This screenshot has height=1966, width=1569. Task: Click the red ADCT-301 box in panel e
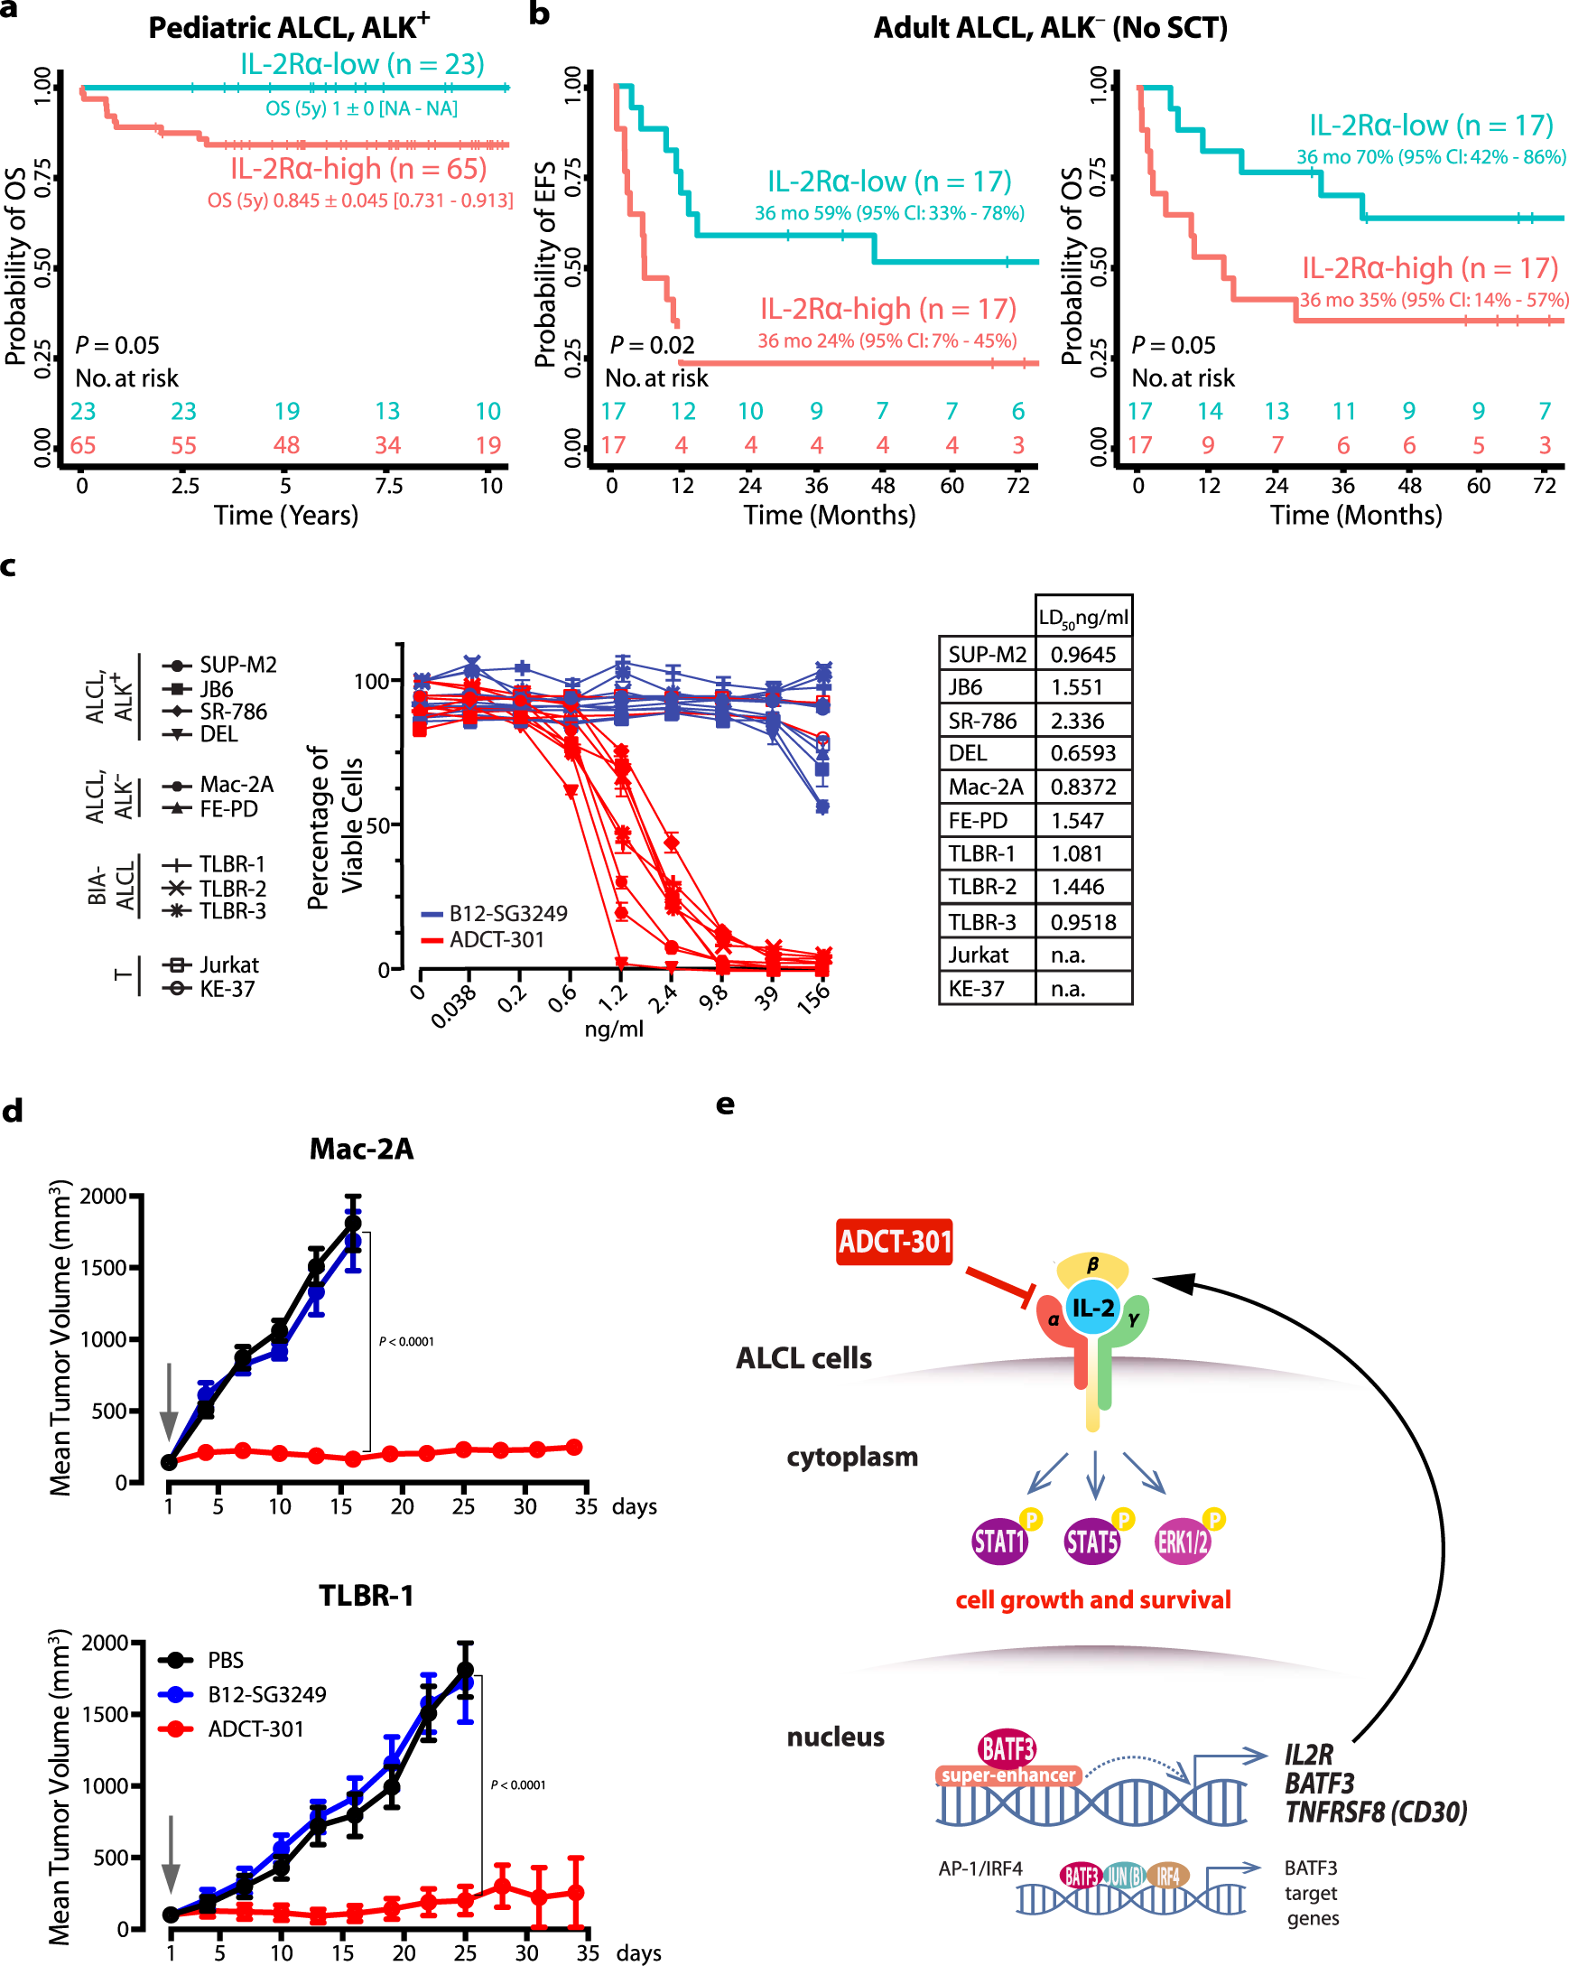(894, 1242)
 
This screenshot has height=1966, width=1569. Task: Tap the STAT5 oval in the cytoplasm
(1091, 1542)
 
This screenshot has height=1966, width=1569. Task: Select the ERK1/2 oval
(1182, 1542)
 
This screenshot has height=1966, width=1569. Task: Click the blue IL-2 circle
(1092, 1308)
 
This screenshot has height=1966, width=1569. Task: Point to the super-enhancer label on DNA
(1007, 1775)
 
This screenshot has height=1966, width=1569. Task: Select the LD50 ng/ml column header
(1082, 618)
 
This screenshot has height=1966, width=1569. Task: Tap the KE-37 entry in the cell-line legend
(226, 989)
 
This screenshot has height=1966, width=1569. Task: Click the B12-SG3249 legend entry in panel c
(506, 913)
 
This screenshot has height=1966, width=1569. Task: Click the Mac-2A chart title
(361, 1149)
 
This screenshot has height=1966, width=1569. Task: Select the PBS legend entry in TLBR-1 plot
(224, 1660)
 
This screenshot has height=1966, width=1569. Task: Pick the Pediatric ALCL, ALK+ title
(288, 27)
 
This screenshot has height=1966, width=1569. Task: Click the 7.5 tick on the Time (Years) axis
(388, 485)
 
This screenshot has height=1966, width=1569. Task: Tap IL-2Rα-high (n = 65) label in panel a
(358, 169)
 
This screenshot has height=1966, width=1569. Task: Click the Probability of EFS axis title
(544, 265)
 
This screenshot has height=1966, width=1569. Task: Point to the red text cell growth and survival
(1092, 1599)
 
